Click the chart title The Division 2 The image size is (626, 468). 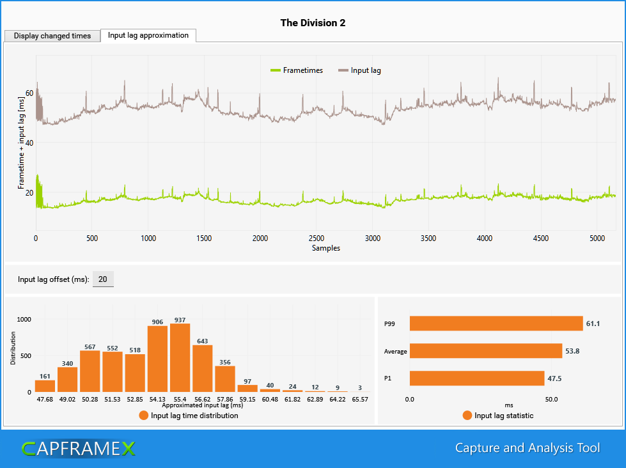(x=313, y=23)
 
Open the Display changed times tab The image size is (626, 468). (x=52, y=36)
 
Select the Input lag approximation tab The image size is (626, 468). (x=148, y=35)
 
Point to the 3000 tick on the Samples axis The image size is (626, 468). (x=373, y=238)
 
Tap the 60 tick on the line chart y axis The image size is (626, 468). (x=29, y=93)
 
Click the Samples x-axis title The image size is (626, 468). (x=325, y=248)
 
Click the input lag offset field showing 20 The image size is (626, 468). (x=103, y=279)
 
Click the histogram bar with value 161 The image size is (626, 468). (x=45, y=386)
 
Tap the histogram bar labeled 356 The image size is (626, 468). (x=225, y=378)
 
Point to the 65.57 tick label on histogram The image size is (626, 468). (x=359, y=399)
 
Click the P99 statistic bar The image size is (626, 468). (x=496, y=324)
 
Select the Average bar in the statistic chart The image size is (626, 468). (x=485, y=351)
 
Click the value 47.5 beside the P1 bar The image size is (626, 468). (x=554, y=378)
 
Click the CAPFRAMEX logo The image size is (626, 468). (x=78, y=448)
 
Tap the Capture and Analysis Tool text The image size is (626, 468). (x=527, y=448)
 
